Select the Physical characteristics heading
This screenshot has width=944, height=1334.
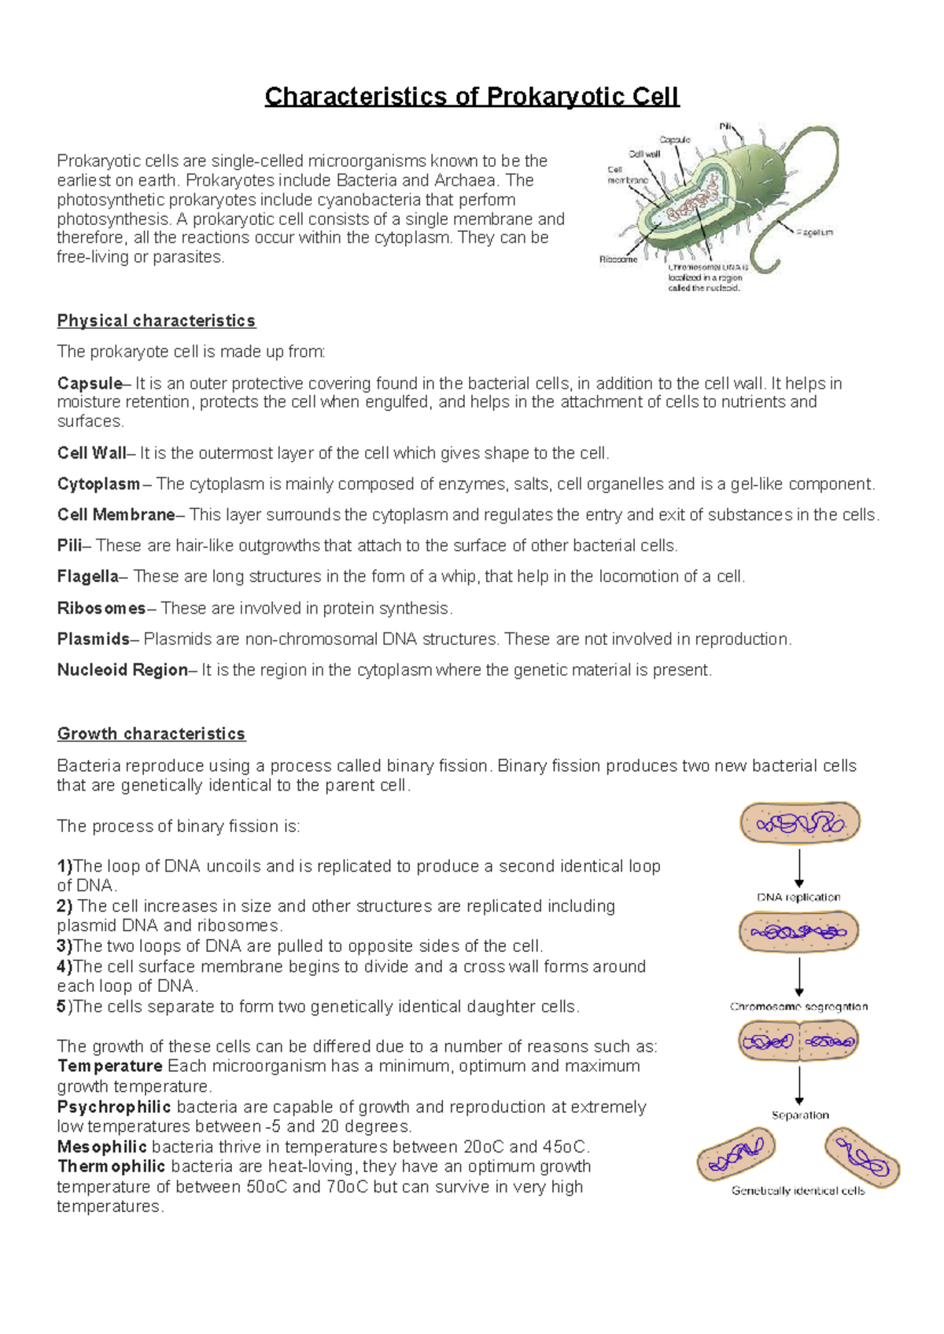pyautogui.click(x=156, y=321)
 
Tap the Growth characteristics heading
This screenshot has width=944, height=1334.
pyautogui.click(x=151, y=734)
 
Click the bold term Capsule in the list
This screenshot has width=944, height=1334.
pyautogui.click(x=89, y=384)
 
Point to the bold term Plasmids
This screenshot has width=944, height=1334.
pyautogui.click(x=93, y=639)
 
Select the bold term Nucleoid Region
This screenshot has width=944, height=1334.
pyautogui.click(x=122, y=670)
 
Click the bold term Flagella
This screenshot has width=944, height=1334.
pyautogui.click(x=87, y=577)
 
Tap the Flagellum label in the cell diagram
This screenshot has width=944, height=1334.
pyautogui.click(x=813, y=233)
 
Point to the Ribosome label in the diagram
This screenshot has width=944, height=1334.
pyautogui.click(x=618, y=260)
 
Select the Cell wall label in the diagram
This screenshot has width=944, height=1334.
pyautogui.click(x=644, y=154)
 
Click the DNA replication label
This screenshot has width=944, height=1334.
pyautogui.click(x=798, y=897)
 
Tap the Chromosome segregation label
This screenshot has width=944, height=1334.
pyautogui.click(x=798, y=1007)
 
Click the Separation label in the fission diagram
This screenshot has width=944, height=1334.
pyautogui.click(x=800, y=1115)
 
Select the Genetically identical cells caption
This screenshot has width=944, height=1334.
pyautogui.click(x=798, y=1191)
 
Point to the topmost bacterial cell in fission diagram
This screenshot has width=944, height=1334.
pyautogui.click(x=799, y=824)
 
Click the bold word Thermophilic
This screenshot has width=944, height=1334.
pyautogui.click(x=111, y=1166)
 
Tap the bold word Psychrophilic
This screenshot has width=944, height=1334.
pyautogui.click(x=113, y=1107)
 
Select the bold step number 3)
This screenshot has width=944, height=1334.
pyautogui.click(x=65, y=946)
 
